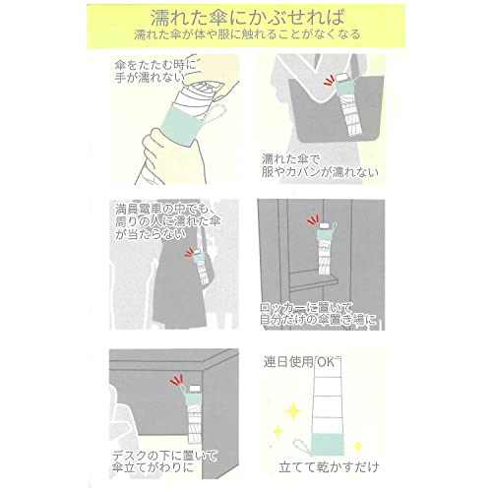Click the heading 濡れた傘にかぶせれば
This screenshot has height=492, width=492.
tap(248, 18)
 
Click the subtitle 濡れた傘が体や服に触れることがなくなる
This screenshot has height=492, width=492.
tap(247, 34)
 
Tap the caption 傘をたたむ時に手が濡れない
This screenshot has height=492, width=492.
tap(154, 71)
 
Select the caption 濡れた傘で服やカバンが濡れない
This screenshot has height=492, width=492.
tap(319, 166)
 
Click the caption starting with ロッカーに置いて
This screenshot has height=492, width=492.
tap(318, 314)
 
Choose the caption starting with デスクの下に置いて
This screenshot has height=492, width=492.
tap(164, 461)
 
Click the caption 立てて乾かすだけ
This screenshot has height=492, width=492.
tap(329, 466)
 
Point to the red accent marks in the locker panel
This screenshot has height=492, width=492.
tap(313, 220)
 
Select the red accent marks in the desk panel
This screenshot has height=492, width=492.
tap(176, 381)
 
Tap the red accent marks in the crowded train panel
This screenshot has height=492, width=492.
tap(189, 252)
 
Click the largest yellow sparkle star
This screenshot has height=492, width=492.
tap(292, 410)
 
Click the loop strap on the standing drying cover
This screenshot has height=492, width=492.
tap(302, 446)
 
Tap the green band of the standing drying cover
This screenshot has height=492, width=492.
tap(327, 444)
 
